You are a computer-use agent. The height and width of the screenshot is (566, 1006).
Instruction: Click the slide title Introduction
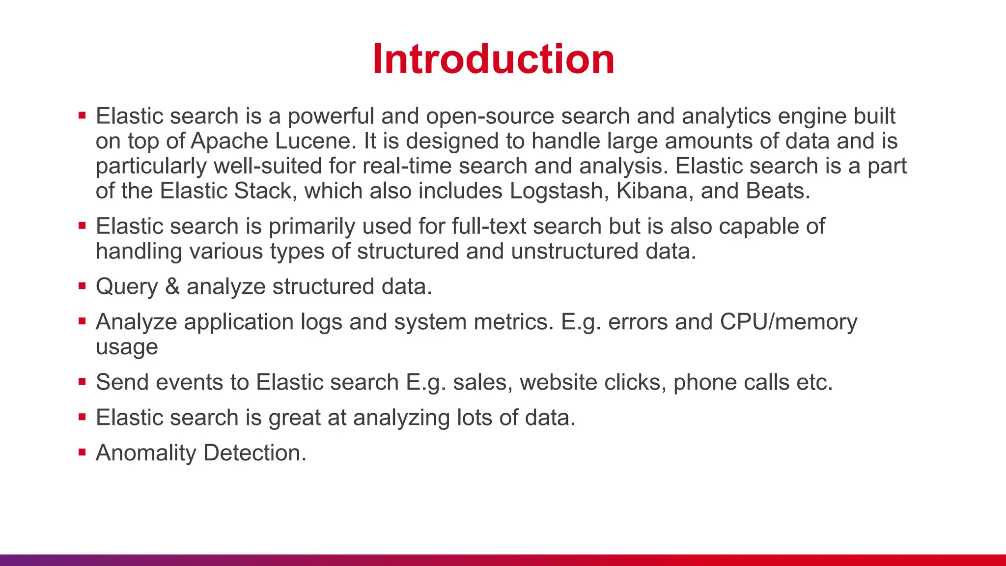click(x=493, y=59)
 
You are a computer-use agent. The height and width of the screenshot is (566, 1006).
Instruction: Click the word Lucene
click(x=315, y=141)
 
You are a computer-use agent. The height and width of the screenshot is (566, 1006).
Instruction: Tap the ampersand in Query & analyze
click(x=172, y=286)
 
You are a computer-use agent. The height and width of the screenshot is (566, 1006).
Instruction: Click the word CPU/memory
click(x=788, y=322)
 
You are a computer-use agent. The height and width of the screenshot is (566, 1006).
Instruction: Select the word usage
click(x=127, y=347)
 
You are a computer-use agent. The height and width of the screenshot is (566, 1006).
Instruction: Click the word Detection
click(x=254, y=453)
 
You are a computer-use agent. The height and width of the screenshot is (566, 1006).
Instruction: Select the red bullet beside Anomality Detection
click(x=82, y=452)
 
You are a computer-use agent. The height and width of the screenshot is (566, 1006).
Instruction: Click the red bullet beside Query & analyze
click(x=82, y=285)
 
